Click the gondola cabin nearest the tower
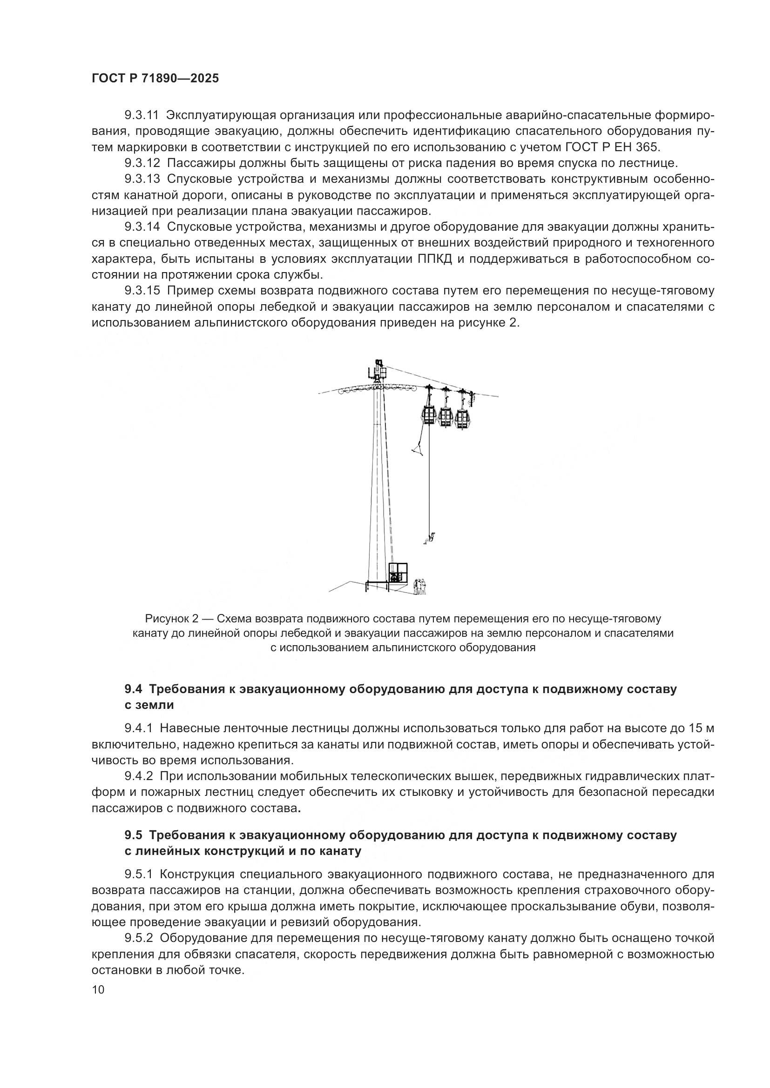[x=429, y=414]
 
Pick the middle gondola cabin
[x=445, y=417]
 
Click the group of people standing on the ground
[x=419, y=587]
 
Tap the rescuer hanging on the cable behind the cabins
[x=471, y=398]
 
